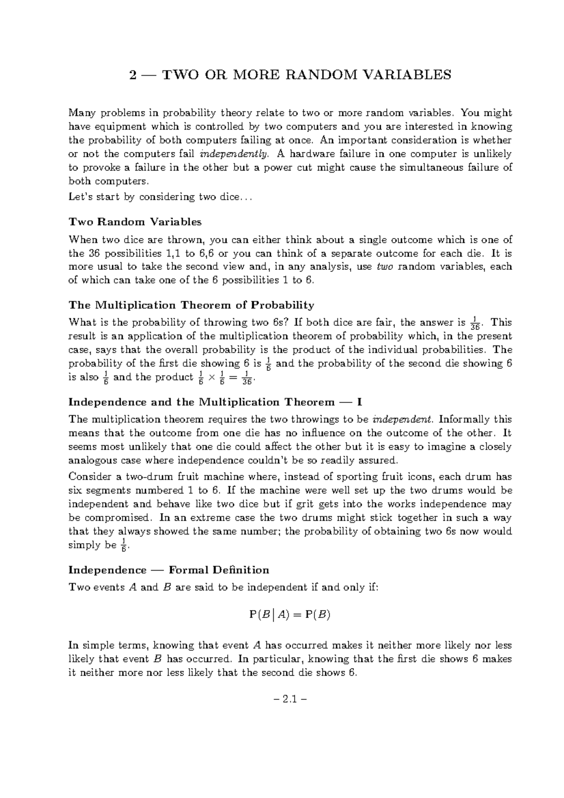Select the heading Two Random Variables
click(x=135, y=222)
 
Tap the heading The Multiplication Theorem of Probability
click(x=191, y=305)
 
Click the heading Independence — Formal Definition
click(x=169, y=570)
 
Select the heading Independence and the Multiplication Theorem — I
click(x=215, y=402)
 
